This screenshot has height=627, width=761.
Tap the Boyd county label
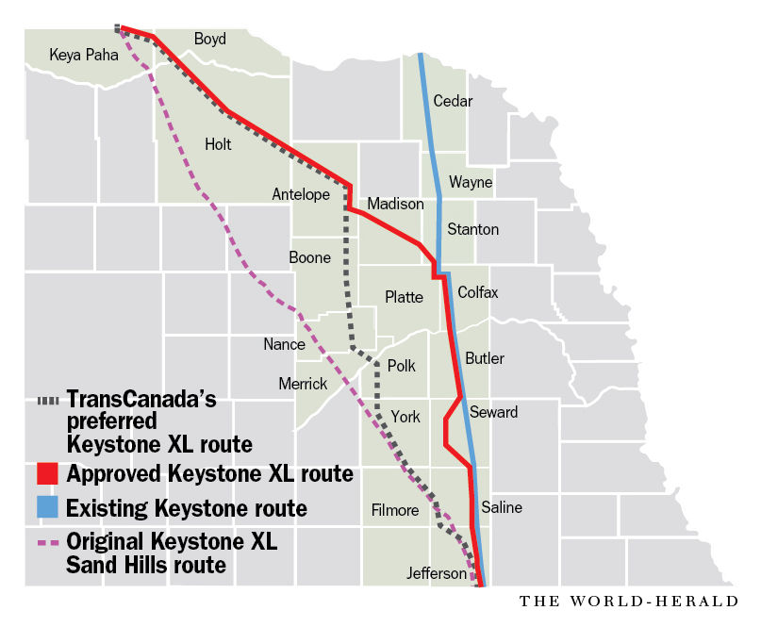click(x=211, y=39)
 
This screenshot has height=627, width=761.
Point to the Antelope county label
click(x=301, y=194)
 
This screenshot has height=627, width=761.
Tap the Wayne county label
click(x=470, y=182)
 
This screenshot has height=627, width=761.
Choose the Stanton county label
click(x=472, y=229)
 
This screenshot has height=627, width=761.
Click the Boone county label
click(x=309, y=257)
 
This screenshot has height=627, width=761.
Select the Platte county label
click(x=404, y=297)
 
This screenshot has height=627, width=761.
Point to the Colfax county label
click(x=477, y=292)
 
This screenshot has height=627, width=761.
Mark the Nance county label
click(x=284, y=344)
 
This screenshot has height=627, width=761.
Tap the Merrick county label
click(x=303, y=384)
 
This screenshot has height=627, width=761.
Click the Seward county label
click(x=493, y=412)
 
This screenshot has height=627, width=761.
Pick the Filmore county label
click(x=394, y=510)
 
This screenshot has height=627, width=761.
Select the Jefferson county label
click(x=437, y=573)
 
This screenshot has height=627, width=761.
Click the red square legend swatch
click(x=48, y=473)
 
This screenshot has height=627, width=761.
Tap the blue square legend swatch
click(x=48, y=508)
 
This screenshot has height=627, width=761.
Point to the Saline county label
click(x=501, y=507)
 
